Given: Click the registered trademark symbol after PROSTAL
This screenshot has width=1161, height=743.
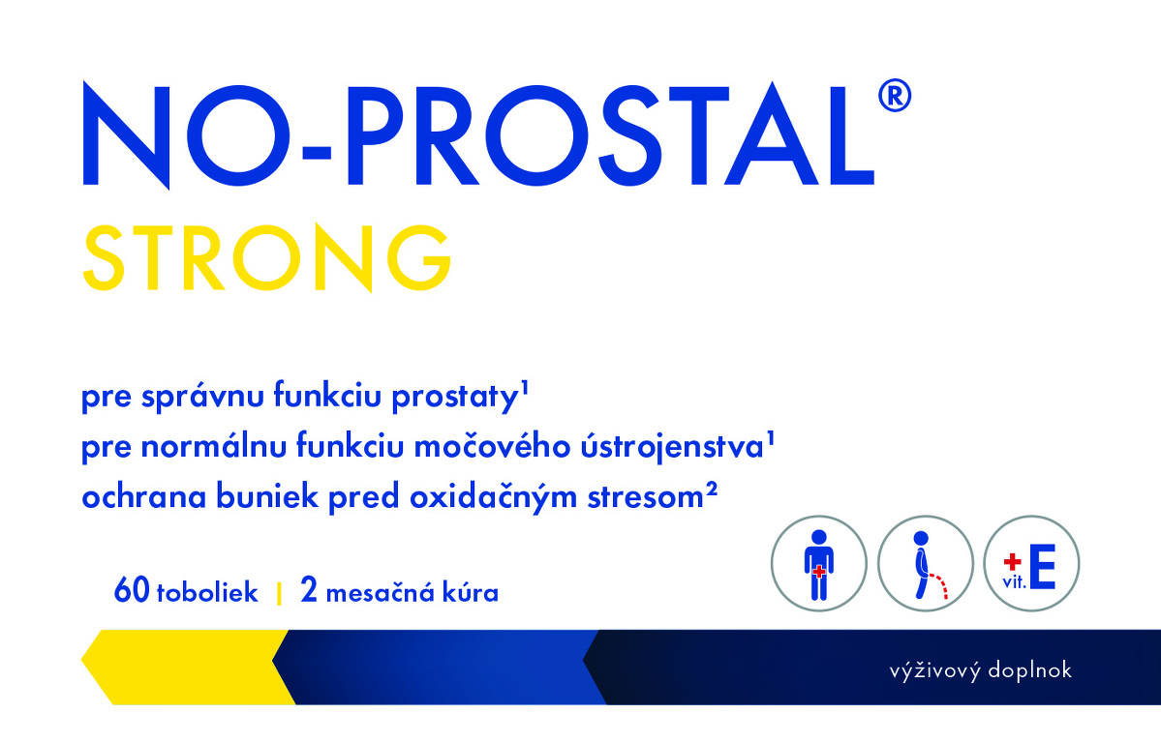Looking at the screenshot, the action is pos(894,96).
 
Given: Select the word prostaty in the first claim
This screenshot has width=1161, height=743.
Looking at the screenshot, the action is pos(454,398).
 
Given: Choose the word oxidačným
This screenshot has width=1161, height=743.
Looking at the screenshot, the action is pos(493,496).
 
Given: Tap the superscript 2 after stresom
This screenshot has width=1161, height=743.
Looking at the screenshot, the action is pos(712,488).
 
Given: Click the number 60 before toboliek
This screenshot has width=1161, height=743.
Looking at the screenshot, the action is pos(132,590).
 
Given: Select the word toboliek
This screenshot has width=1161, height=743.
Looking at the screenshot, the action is pos(207,592).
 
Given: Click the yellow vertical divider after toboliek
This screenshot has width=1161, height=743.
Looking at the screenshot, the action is pos(279,593).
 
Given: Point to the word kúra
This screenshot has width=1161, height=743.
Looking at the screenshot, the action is pos(471,592).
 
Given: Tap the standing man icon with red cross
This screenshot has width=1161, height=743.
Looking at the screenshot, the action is pos(819,564).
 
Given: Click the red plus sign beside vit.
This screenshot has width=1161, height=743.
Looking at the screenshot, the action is pos(1012,562).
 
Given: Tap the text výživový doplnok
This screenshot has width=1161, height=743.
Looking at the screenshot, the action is pos(980,670).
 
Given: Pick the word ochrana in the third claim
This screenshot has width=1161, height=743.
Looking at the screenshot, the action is pos(143,496).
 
